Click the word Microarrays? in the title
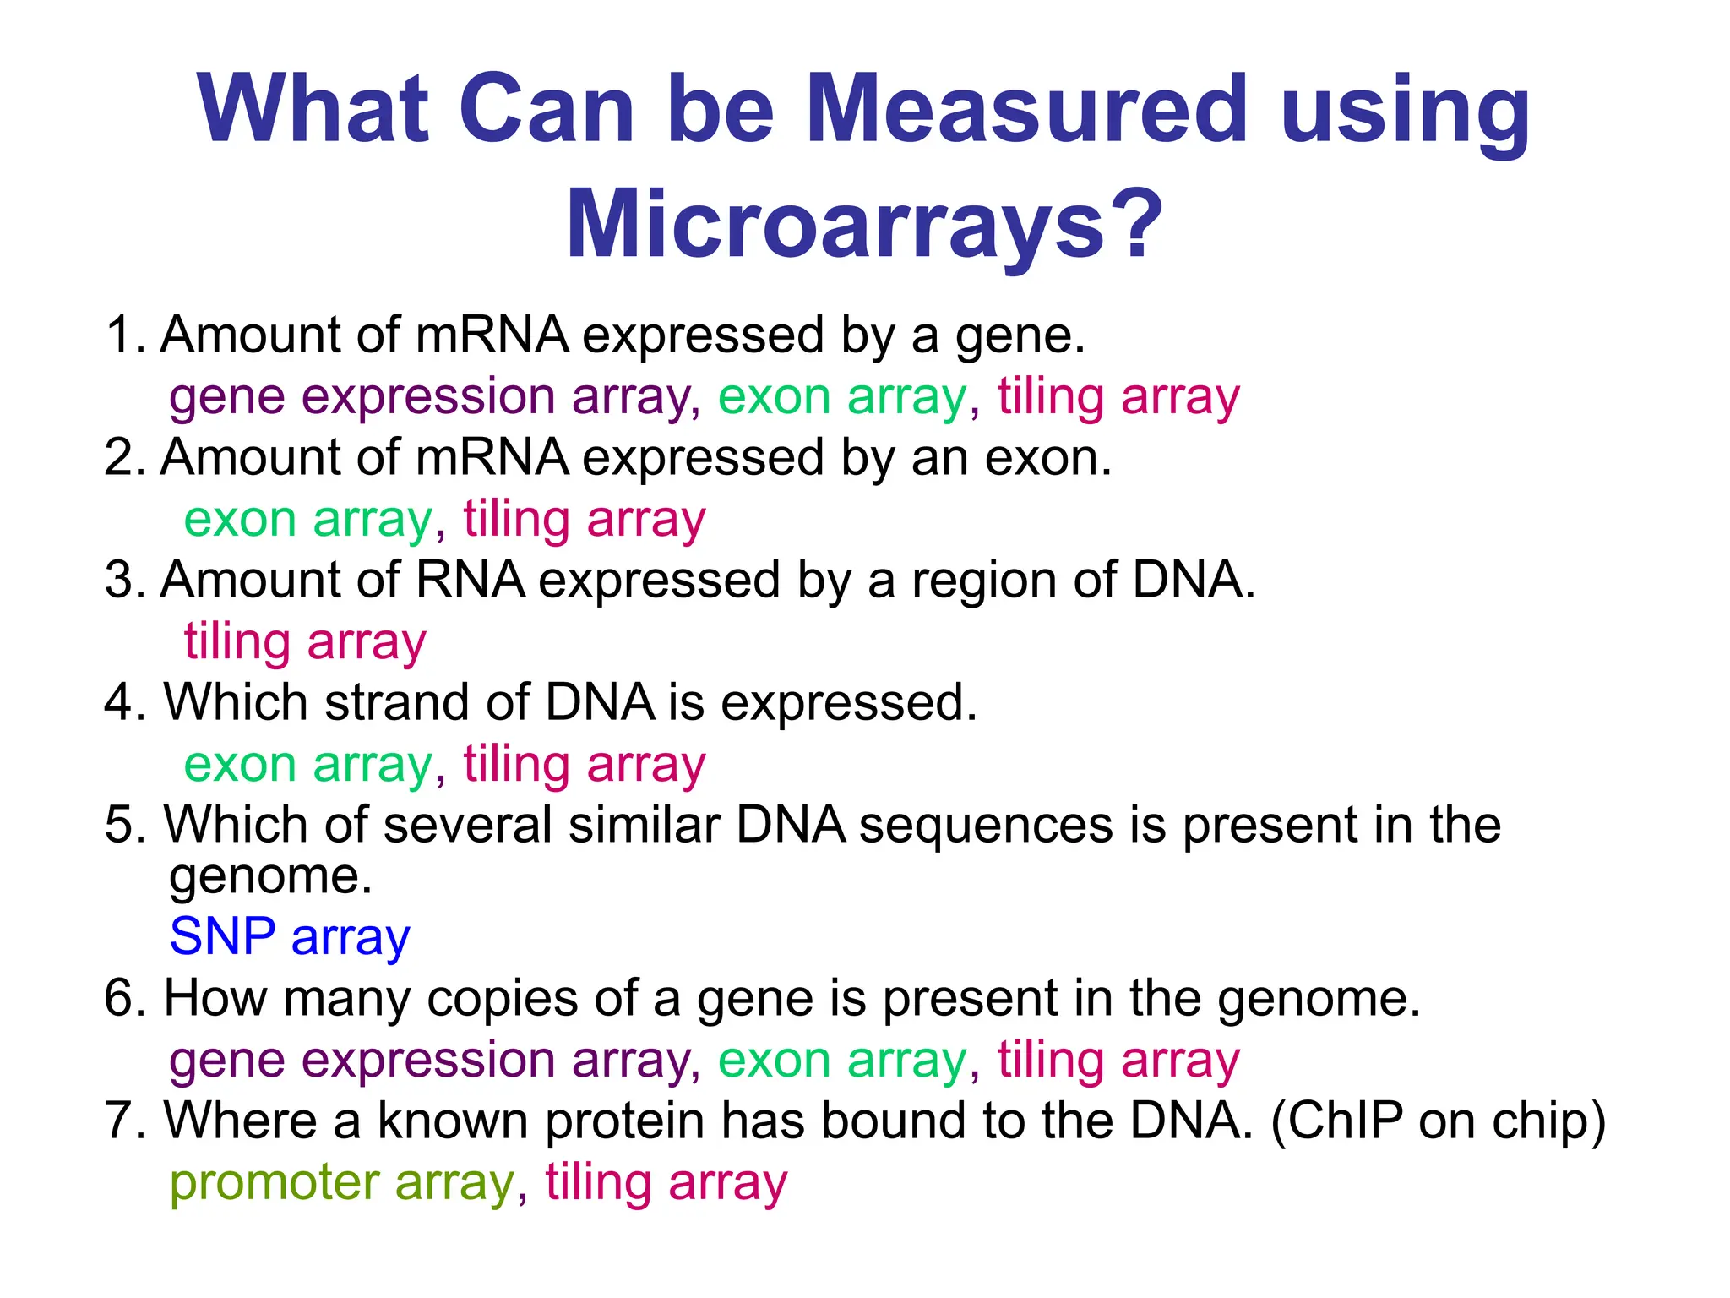point(864,225)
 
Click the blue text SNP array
point(290,936)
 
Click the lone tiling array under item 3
point(305,641)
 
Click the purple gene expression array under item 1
point(431,396)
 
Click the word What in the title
point(313,110)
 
